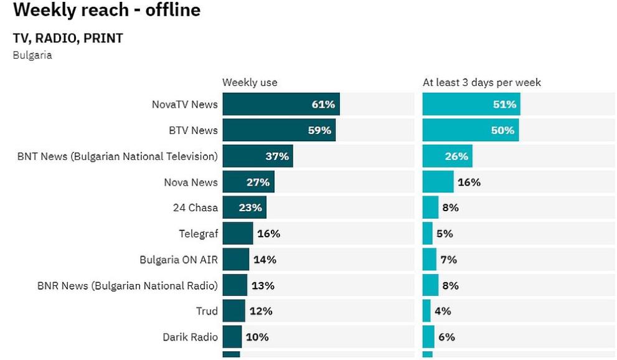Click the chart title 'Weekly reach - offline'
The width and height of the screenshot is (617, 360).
click(106, 10)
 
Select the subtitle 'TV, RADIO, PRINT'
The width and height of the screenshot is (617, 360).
click(68, 38)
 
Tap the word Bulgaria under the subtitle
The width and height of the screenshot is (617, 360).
click(32, 55)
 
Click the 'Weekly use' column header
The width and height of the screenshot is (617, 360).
click(250, 82)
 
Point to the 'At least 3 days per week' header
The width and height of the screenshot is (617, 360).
click(481, 82)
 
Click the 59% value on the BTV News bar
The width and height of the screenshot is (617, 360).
click(318, 130)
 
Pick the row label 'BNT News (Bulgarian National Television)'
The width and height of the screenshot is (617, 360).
click(118, 156)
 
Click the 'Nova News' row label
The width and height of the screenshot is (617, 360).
click(191, 182)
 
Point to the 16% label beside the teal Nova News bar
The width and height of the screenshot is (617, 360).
click(469, 182)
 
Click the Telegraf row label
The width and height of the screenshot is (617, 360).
click(198, 234)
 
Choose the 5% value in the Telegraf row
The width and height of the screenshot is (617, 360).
click(445, 234)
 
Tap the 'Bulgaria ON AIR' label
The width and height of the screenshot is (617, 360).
click(179, 260)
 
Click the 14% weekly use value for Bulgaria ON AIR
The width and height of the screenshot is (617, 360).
click(265, 260)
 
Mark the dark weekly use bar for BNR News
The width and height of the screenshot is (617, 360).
click(235, 285)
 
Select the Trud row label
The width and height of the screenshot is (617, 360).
click(207, 311)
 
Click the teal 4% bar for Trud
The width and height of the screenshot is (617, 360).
click(426, 311)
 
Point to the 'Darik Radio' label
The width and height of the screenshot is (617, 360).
click(190, 337)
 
